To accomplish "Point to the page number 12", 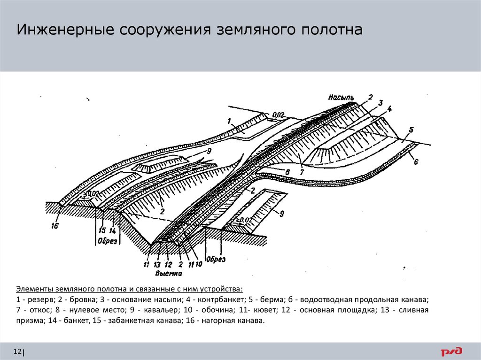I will point(18,352).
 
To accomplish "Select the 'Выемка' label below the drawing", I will point(167,272).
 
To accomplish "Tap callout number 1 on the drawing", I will point(229,121).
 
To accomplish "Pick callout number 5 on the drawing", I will point(411,130).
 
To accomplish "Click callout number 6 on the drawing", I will point(416,162).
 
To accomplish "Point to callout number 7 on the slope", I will point(301,173).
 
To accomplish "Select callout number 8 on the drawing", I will point(287,172).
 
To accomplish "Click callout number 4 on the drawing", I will point(390,109).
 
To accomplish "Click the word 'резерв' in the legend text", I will point(40,299).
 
